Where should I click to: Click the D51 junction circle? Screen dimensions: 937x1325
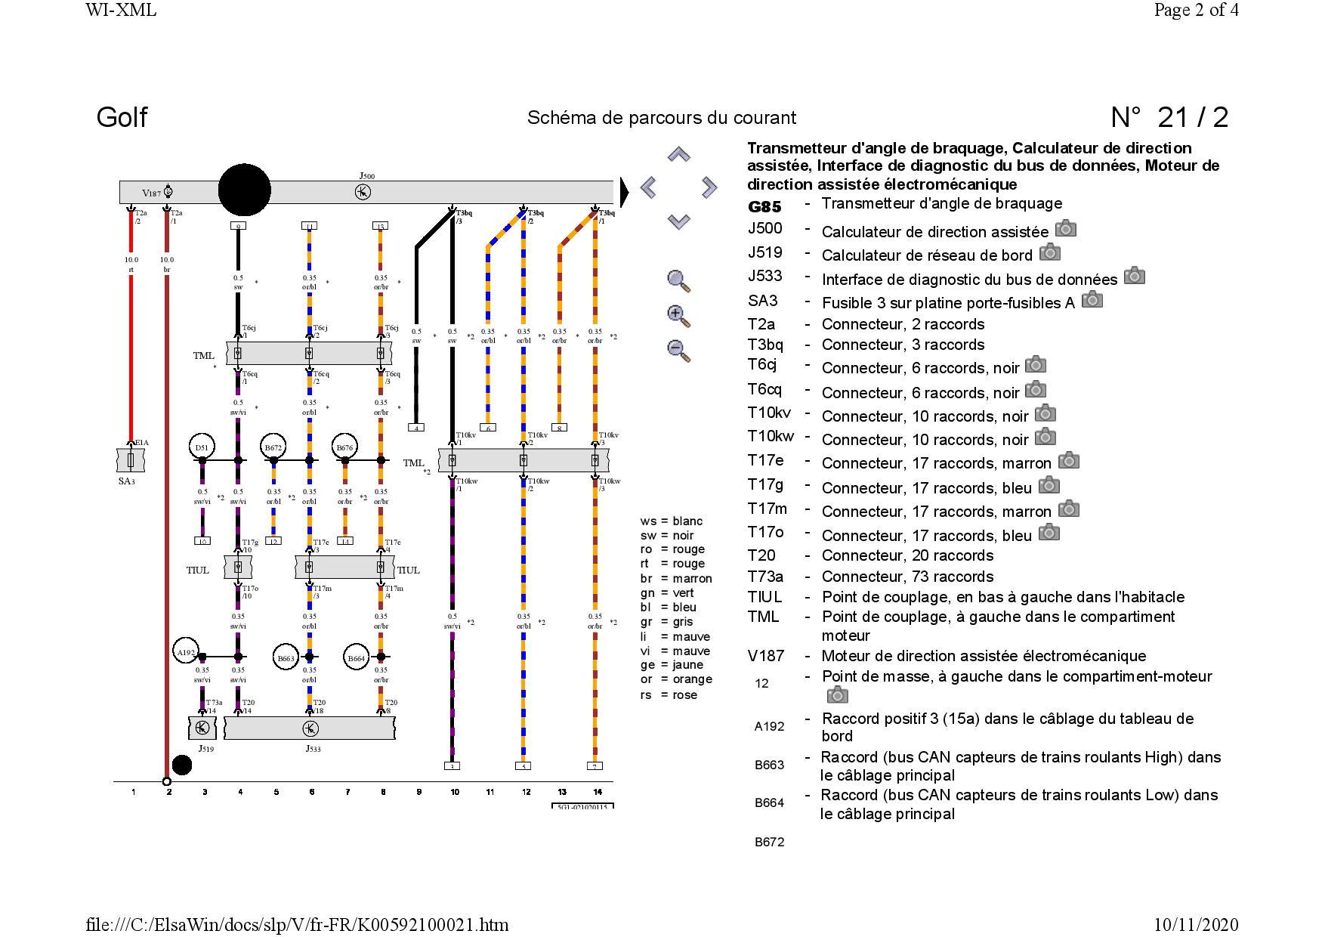tap(202, 447)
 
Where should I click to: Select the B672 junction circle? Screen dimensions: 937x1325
tap(273, 447)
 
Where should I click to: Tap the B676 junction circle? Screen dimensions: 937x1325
tap(344, 447)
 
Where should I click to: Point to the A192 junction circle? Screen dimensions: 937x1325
tap(185, 652)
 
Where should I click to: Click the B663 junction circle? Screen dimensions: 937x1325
tap(286, 658)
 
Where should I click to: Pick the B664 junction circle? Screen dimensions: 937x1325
tap(357, 658)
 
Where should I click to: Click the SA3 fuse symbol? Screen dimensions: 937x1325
tap(131, 459)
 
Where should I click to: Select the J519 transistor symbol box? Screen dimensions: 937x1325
tap(202, 728)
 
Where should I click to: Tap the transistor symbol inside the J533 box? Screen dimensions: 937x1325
tap(310, 728)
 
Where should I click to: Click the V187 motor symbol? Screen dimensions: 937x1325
tap(168, 192)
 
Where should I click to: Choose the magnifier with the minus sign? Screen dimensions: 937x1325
tap(678, 351)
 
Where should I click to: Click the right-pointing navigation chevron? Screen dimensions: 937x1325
tap(709, 187)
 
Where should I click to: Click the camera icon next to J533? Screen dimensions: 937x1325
tap(1134, 276)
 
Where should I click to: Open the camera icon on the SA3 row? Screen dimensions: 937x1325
tap(1092, 300)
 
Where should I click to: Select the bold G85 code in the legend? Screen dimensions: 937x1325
tap(764, 207)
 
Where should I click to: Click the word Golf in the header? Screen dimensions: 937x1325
tap(122, 117)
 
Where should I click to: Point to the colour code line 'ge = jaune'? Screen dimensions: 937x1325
tap(672, 665)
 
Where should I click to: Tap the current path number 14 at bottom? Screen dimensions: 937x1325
tap(598, 792)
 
